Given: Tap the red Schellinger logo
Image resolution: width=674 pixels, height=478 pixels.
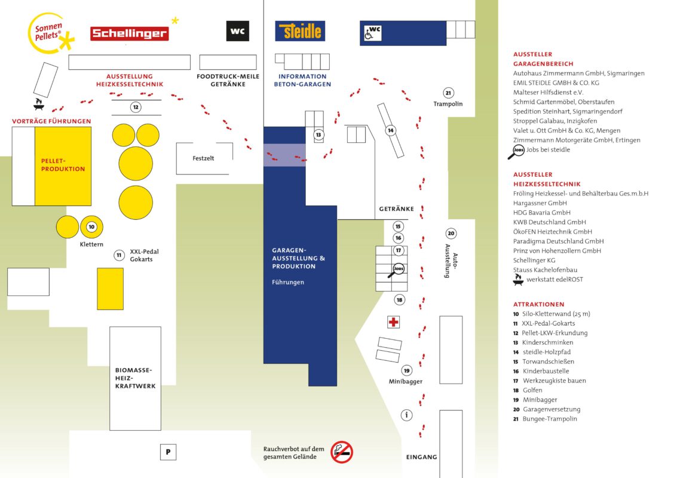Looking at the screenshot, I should tap(129, 33).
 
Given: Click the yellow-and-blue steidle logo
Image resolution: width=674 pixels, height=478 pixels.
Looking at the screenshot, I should tap(300, 31).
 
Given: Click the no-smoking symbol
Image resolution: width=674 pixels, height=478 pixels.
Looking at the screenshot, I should tap(342, 452).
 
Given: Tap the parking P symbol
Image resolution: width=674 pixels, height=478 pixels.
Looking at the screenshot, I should tap(168, 452).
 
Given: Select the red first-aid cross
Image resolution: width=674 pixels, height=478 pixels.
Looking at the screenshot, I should tap(393, 322).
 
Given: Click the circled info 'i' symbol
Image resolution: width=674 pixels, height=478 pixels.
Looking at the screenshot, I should tap(407, 415).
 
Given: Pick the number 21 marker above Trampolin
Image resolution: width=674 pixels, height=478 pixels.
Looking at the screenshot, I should tap(448, 93).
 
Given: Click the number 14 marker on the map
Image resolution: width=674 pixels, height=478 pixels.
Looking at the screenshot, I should tap(390, 130).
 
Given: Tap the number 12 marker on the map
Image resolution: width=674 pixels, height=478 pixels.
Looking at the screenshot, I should tap(136, 107).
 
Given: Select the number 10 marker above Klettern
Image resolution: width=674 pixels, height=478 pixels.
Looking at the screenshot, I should tap(91, 227).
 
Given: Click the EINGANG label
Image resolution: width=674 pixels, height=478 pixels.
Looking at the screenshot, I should tap(421, 457).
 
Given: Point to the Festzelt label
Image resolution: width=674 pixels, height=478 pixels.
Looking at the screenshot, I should tap(203, 158).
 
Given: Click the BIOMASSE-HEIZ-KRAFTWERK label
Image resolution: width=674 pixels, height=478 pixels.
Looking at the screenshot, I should tap(135, 378).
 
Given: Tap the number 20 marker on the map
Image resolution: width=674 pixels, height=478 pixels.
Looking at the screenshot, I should tap(451, 234).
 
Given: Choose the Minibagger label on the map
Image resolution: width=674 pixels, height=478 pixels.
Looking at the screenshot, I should tap(406, 381).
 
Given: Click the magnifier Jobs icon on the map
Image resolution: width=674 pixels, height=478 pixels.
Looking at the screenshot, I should tap(397, 270).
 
